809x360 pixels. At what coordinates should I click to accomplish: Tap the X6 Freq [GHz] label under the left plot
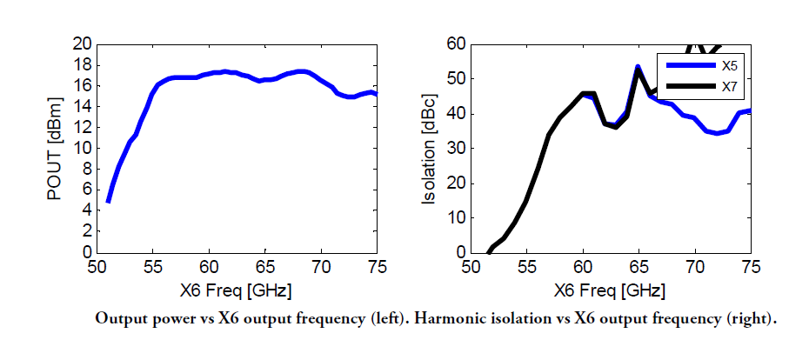[236, 291]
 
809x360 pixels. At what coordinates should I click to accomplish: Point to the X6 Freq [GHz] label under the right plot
[609, 291]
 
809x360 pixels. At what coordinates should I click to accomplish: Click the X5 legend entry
[705, 65]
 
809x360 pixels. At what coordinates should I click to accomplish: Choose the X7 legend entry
[705, 88]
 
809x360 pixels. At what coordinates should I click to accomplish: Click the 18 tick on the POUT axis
[82, 65]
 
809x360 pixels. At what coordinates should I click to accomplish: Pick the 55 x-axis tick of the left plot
[152, 267]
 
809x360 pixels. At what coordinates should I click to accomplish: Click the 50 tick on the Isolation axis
[456, 79]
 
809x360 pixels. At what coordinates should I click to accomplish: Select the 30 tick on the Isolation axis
[456, 149]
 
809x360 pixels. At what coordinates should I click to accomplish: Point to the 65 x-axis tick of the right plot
[639, 267]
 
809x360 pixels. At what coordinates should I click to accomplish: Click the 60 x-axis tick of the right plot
[583, 267]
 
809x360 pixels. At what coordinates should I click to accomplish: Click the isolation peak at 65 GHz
[639, 68]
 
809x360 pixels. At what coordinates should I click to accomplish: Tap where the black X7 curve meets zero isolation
[489, 253]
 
